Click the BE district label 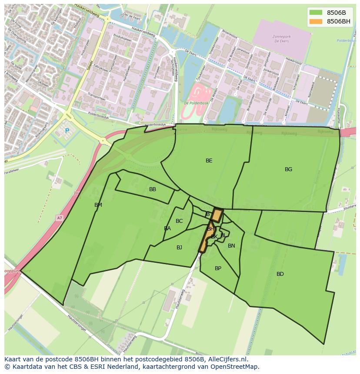point(209,161)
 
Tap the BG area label point(288,169)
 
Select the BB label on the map point(152,189)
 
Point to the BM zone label point(98,205)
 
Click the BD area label point(280,274)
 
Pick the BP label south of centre point(218,268)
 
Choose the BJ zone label point(179,248)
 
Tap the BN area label point(231,246)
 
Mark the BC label point(179,221)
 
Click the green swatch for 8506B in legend point(316,13)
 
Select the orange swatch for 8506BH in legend point(316,21)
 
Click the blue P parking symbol point(67,131)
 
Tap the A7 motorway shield point(59,218)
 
